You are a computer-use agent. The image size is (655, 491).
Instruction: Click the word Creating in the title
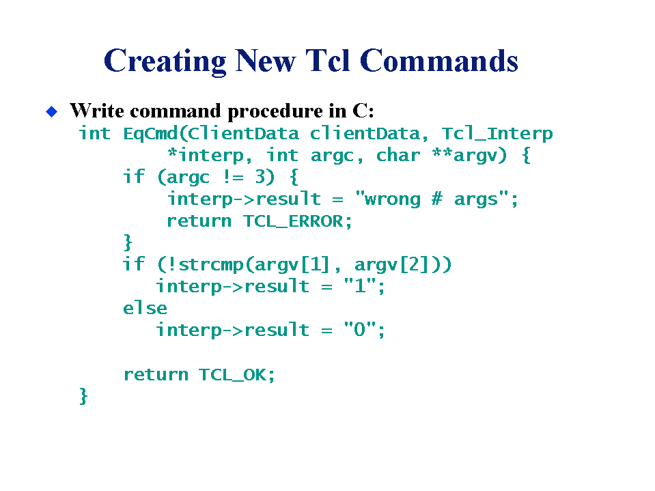point(165,61)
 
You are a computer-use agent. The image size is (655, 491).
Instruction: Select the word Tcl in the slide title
point(328,61)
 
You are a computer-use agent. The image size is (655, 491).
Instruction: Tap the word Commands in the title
point(438,61)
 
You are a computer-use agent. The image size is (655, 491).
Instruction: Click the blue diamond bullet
point(51,111)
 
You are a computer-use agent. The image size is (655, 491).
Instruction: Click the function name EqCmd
point(151,133)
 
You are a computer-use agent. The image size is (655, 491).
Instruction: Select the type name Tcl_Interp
point(497,134)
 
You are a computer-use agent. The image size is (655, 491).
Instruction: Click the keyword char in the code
point(398,155)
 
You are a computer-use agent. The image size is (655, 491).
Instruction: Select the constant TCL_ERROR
point(293,221)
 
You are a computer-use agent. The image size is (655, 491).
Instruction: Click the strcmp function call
point(211,265)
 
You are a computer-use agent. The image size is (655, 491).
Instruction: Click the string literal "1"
point(360,286)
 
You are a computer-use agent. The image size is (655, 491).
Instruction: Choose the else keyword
point(145,308)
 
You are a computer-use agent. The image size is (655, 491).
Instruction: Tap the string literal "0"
point(360,330)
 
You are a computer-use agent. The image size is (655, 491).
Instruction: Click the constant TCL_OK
point(232,374)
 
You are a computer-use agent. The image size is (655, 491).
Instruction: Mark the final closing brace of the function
point(83,396)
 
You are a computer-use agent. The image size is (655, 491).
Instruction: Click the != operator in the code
point(233,177)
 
